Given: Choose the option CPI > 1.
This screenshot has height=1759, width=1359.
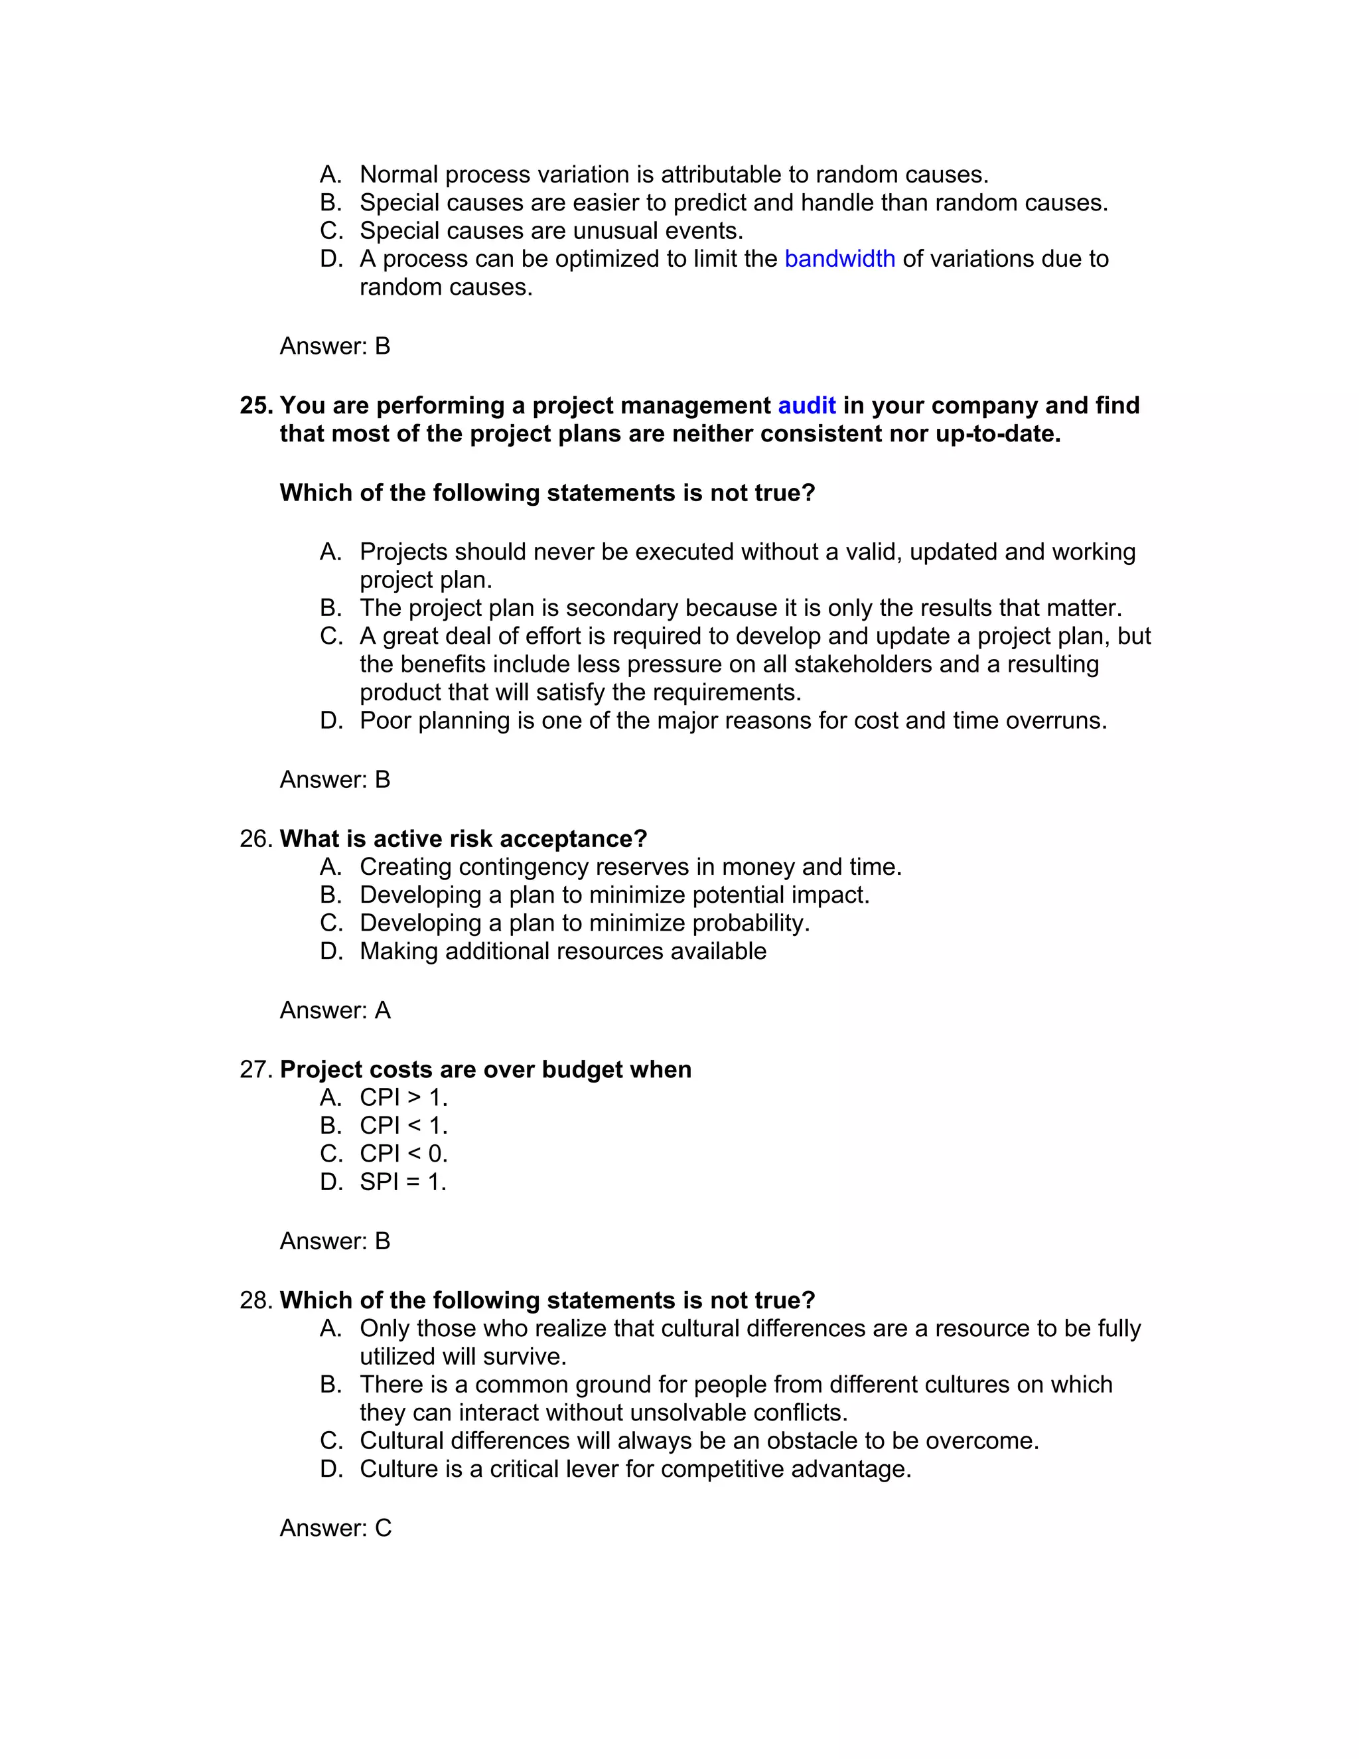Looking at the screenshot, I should coord(403,1098).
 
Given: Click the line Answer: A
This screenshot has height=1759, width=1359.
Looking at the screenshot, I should coord(335,1010).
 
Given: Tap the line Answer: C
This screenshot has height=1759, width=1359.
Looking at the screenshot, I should coord(335,1528).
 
